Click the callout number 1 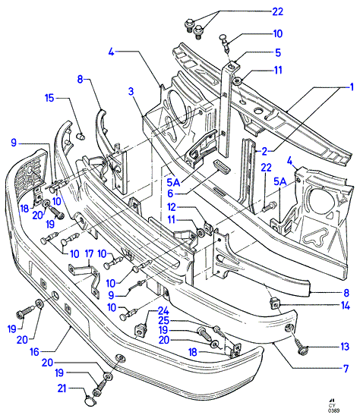(x=352, y=87)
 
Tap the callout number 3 (x=131, y=92)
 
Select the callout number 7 (x=346, y=369)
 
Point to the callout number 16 (x=34, y=352)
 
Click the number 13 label (x=345, y=347)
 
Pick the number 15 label (x=49, y=98)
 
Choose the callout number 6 (x=170, y=193)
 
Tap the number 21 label (x=62, y=388)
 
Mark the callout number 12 (x=172, y=207)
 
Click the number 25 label (x=164, y=320)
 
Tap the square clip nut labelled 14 (x=274, y=303)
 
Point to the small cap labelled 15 (x=81, y=137)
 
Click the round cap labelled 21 (x=88, y=401)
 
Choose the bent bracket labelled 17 (x=85, y=278)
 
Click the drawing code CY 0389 (x=333, y=408)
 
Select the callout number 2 (x=264, y=152)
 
